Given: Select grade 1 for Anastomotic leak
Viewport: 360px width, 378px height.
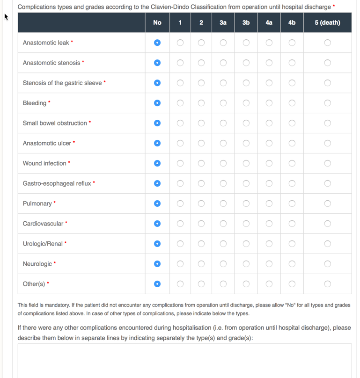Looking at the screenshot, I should click(180, 43).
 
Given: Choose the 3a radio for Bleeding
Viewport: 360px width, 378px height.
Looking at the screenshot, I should click(223, 103).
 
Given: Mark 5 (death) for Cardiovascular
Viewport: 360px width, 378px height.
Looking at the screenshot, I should click(327, 224).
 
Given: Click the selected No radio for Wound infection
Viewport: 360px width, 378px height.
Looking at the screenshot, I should click(157, 163).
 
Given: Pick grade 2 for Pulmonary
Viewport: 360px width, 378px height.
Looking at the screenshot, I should click(201, 204).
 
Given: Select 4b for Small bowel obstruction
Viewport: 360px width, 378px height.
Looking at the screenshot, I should click(292, 123).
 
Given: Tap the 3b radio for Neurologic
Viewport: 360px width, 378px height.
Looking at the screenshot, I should click(246, 264).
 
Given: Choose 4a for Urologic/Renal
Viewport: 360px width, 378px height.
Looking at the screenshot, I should click(269, 244).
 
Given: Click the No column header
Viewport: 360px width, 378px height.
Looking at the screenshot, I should click(157, 22).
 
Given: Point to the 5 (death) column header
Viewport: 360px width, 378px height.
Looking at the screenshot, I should click(327, 22).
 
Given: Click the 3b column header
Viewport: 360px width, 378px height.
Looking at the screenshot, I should click(246, 22).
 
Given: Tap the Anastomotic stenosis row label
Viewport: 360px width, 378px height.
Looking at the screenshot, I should click(51, 63).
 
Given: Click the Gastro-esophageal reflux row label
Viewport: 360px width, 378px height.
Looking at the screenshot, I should click(57, 183).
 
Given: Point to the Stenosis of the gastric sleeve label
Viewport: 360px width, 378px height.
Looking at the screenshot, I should click(62, 83).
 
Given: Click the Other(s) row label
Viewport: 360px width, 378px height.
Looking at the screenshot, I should click(34, 284).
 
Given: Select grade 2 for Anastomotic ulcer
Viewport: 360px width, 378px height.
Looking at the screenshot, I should click(201, 143).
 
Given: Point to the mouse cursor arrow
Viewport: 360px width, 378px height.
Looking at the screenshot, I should click(6, 16).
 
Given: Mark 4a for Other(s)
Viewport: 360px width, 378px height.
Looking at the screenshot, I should click(269, 284).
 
